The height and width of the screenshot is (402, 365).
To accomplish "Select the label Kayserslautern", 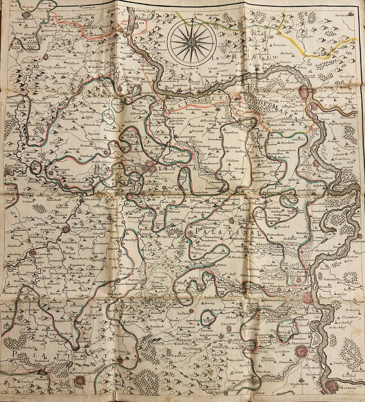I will tap(89, 372).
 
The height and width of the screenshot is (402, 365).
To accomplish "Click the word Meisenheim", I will tap(79, 227).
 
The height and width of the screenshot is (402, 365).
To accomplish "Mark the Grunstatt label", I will tap(232, 324).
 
